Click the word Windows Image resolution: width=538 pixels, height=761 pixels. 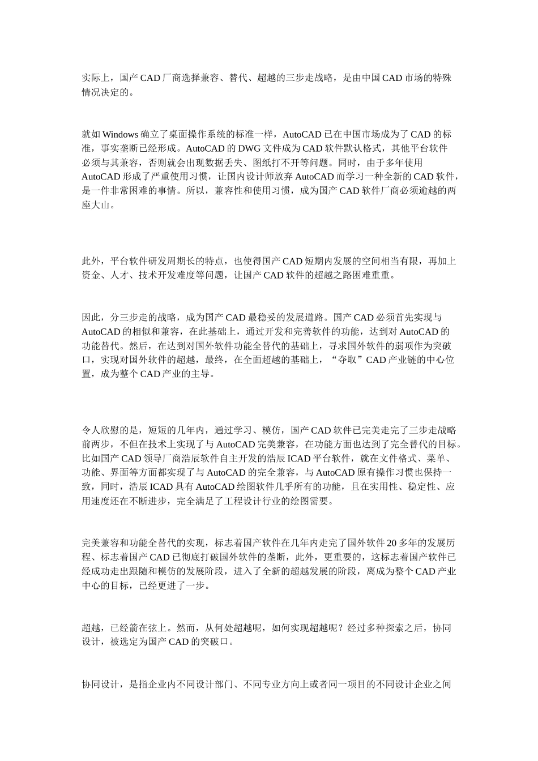120,135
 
